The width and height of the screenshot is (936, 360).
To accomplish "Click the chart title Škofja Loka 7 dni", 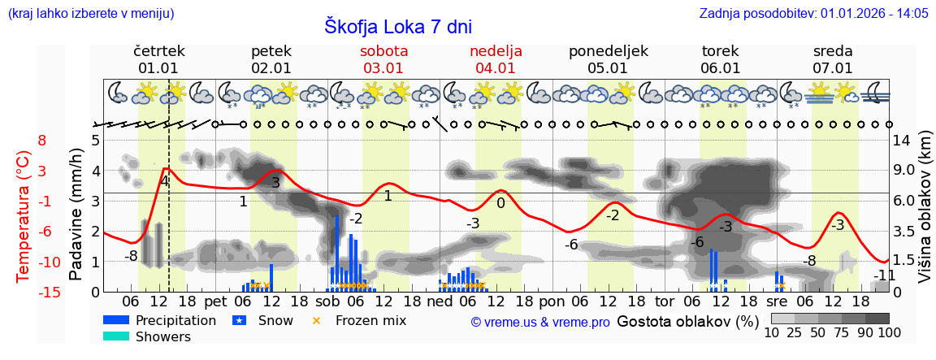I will [398, 26].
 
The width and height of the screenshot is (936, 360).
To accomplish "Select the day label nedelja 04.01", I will [496, 59].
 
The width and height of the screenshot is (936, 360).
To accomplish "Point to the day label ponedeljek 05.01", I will [608, 59].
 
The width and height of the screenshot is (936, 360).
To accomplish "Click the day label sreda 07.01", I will [833, 59].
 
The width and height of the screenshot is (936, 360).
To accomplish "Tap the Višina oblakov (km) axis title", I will [925, 215].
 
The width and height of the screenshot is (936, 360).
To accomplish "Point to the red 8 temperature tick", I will [42, 141].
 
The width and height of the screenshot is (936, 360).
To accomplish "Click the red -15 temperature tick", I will [37, 292].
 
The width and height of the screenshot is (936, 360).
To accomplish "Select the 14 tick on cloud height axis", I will [903, 141].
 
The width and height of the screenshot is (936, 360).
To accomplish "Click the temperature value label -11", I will [884, 275].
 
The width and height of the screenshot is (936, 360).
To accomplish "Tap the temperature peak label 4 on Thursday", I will [165, 181].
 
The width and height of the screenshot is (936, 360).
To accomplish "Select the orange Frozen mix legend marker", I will [317, 320].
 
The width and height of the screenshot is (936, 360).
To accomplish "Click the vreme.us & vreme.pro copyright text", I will [540, 322].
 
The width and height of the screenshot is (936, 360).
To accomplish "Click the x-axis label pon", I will [551, 301].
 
